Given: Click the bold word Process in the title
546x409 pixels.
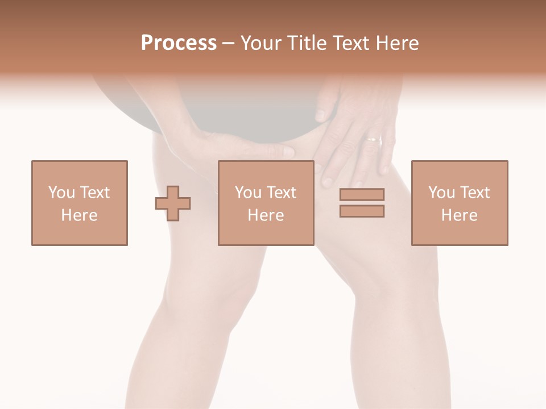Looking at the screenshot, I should (x=179, y=43).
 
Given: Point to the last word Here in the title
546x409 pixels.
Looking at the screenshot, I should (x=398, y=43).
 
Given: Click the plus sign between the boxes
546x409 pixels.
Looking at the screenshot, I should (x=173, y=203).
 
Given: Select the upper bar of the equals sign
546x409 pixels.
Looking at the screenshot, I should (x=362, y=195).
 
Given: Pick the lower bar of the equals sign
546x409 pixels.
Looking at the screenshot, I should (x=362, y=211).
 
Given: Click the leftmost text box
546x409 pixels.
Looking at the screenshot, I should (x=80, y=203).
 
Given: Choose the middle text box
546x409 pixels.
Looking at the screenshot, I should (x=266, y=203).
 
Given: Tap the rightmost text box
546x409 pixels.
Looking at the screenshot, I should (x=460, y=203).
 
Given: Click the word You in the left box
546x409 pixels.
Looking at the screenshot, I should (x=61, y=193).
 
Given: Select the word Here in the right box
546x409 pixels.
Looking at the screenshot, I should (x=460, y=215).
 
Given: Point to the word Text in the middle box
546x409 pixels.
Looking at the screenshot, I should (x=282, y=193).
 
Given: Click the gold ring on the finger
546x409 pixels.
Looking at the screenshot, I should (x=374, y=138).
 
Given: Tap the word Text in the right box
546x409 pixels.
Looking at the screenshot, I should (x=475, y=193).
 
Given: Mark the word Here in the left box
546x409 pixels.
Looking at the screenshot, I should (x=80, y=215).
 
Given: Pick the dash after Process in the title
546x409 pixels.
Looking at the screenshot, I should (x=229, y=44).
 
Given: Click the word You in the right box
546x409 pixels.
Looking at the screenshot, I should (x=441, y=193).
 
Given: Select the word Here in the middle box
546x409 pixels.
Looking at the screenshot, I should (x=266, y=215).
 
